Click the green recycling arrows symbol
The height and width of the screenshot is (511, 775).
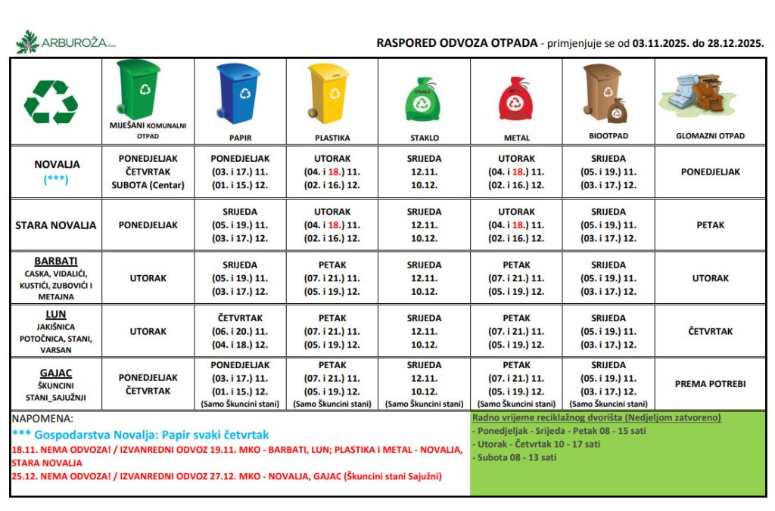pyautogui.click(x=51, y=102)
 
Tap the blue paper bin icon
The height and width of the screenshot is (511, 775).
pyautogui.click(x=239, y=94)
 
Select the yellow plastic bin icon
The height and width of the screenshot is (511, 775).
pyautogui.click(x=329, y=94)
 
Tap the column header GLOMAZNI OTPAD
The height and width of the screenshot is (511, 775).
pyautogui.click(x=710, y=136)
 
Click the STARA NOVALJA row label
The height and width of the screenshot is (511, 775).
pyautogui.click(x=56, y=225)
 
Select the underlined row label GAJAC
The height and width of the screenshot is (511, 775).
pyautogui.click(x=56, y=373)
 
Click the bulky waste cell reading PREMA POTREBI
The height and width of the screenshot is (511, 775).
pyautogui.click(x=710, y=384)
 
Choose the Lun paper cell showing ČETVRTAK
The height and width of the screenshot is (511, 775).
pyautogui.click(x=239, y=318)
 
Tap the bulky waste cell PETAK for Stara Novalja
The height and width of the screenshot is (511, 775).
pyautogui.click(x=710, y=225)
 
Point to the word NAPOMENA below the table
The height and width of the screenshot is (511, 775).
pyautogui.click(x=44, y=418)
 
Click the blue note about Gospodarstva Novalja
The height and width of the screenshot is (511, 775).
pyautogui.click(x=141, y=435)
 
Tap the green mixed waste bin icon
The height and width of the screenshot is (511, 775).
pyautogui.click(x=139, y=89)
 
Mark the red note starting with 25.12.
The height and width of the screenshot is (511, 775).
pyautogui.click(x=227, y=476)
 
